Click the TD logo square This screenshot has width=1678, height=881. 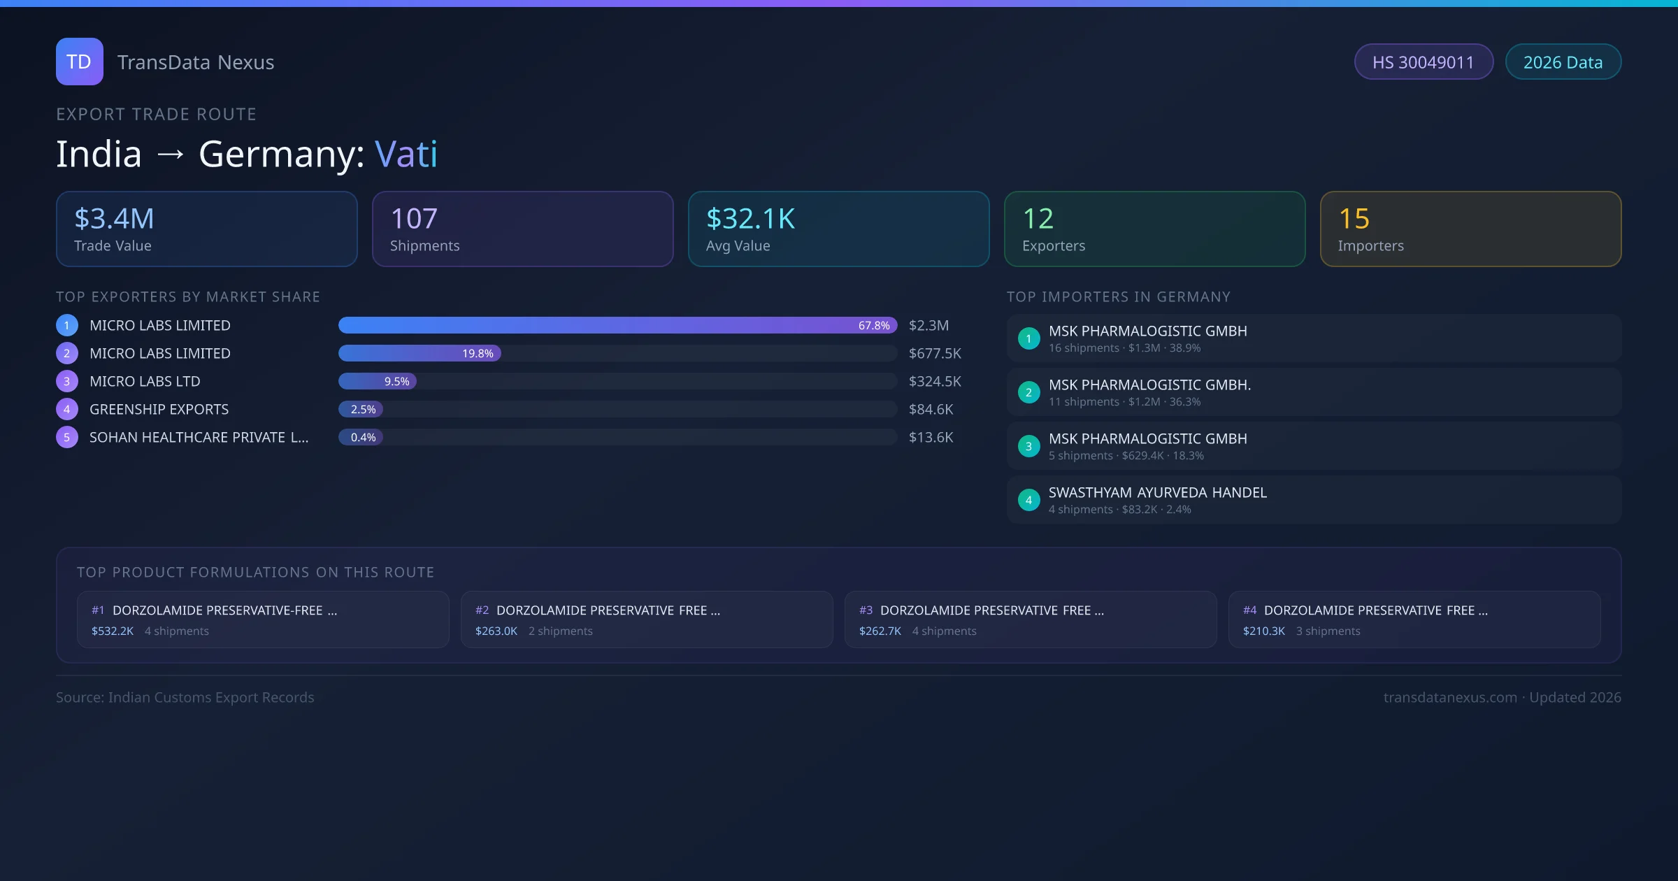click(80, 62)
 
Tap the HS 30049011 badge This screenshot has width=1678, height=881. click(1423, 62)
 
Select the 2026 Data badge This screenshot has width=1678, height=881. click(1563, 62)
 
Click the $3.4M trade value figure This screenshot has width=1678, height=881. click(114, 219)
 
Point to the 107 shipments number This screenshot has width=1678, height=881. click(414, 219)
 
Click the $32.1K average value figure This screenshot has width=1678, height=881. click(750, 219)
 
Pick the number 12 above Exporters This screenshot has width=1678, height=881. click(1038, 219)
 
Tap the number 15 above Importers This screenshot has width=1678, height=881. click(1354, 219)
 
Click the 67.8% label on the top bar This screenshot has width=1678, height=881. click(874, 325)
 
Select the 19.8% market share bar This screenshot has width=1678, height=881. click(419, 353)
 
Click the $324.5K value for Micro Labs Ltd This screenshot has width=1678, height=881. click(935, 381)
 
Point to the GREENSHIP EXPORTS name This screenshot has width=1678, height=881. click(159, 409)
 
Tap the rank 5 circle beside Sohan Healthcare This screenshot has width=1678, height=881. click(67, 437)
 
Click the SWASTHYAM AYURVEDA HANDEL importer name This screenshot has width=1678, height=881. click(1157, 492)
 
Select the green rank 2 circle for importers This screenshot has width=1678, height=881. click(1028, 392)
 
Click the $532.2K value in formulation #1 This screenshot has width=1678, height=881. click(113, 631)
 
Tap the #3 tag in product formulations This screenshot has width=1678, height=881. click(866, 610)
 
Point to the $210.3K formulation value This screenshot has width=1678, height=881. click(1263, 631)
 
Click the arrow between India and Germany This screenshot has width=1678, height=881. click(171, 154)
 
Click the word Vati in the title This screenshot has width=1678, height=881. click(406, 154)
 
